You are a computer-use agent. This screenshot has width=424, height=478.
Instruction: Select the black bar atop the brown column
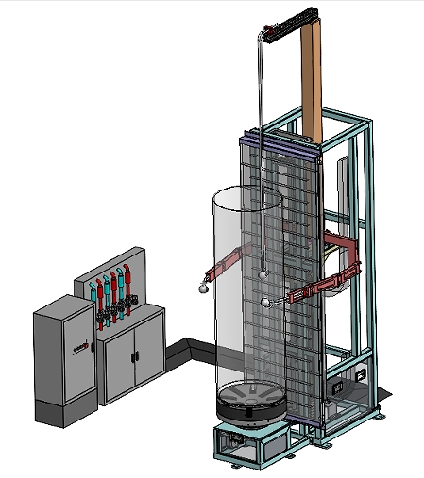tap(291, 27)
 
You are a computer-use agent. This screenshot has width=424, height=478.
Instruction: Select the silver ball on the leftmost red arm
tap(201, 287)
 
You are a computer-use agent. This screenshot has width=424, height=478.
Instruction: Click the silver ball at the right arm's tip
tap(267, 303)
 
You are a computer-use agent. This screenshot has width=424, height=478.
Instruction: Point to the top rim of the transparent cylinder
tap(246, 196)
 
